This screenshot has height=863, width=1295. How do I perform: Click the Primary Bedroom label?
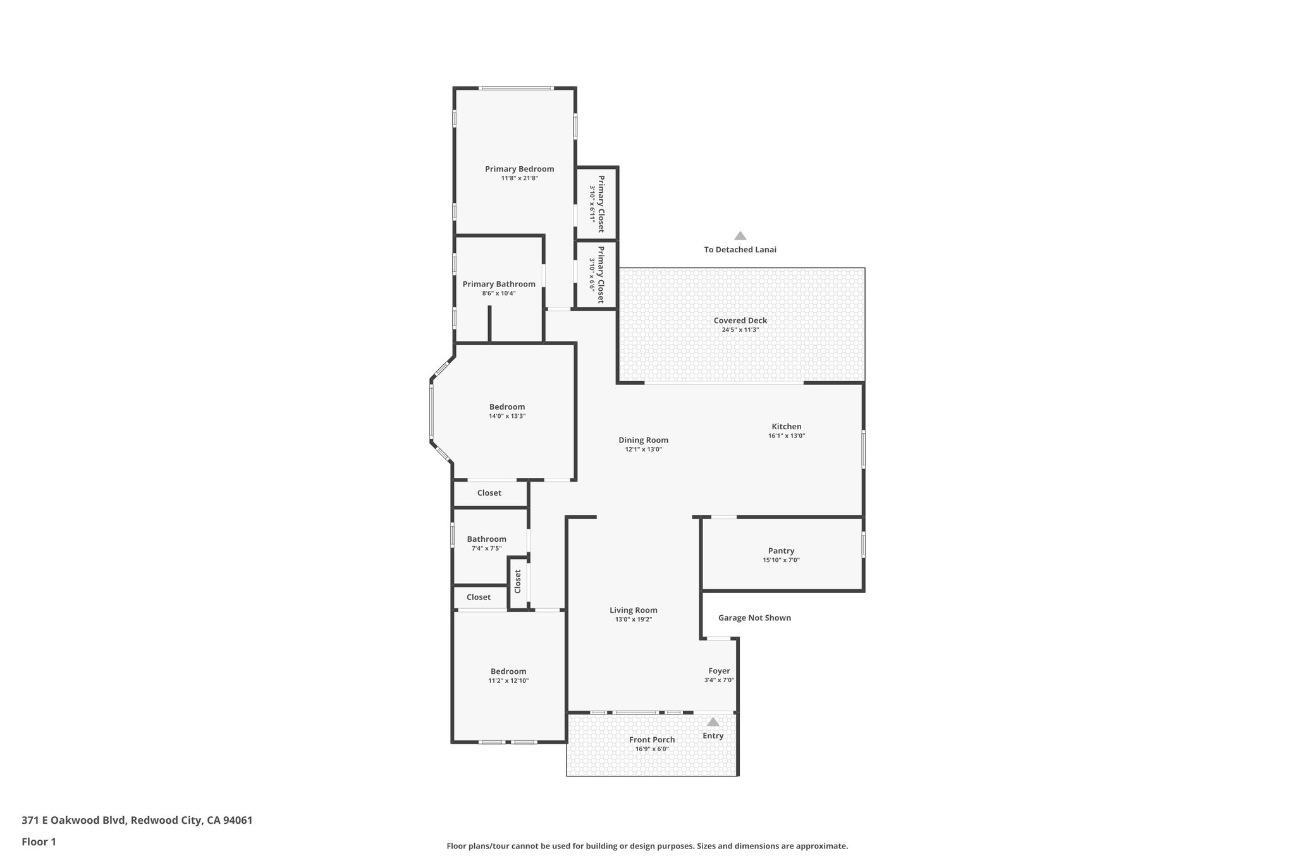pos(519,169)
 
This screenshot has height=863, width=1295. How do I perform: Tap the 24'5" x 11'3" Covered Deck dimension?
pos(740,330)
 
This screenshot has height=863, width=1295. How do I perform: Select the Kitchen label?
pos(786,427)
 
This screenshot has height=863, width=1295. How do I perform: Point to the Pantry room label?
pos(781,551)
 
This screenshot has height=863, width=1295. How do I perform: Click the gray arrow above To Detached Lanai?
pos(740,236)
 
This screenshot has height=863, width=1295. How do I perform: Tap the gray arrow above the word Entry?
pos(713,722)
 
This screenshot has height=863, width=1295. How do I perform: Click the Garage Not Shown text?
pos(754,618)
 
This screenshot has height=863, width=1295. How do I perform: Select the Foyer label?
pos(719,671)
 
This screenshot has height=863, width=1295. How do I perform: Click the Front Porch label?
pos(652,740)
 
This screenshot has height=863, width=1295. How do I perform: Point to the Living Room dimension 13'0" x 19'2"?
pos(633,620)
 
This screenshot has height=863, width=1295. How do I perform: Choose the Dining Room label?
pos(643,440)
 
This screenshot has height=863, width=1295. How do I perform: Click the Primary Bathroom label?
pos(499,285)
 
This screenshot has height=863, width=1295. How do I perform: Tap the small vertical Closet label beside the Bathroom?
pos(518,582)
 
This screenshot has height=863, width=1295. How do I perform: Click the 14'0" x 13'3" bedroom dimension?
pos(507,416)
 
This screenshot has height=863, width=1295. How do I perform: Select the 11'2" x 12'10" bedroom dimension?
pos(508,681)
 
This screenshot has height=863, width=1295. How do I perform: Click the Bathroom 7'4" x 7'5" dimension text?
pos(486,549)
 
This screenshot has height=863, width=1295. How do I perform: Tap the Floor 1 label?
pos(39,842)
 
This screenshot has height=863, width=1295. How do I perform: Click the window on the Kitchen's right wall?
pos(863,449)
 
